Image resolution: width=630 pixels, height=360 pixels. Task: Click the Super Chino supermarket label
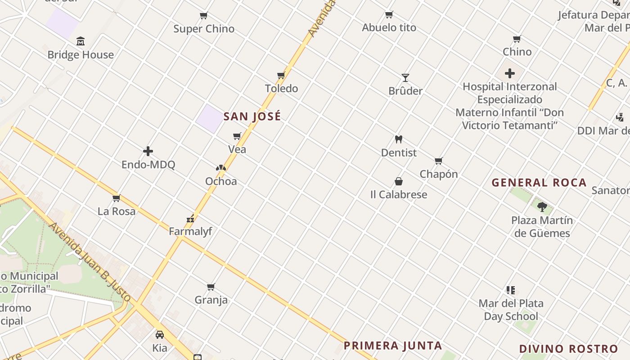click(x=204, y=29)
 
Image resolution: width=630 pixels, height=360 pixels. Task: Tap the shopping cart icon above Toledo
click(x=281, y=75)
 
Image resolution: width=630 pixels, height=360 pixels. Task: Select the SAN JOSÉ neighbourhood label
click(x=252, y=116)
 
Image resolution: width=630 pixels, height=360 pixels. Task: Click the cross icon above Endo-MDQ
click(x=148, y=151)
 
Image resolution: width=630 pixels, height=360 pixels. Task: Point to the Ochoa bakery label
click(x=221, y=181)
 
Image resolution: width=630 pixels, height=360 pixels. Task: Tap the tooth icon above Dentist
click(x=398, y=139)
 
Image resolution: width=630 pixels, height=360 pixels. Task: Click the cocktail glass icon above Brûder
click(x=405, y=78)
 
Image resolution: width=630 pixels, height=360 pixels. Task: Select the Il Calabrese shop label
click(x=399, y=195)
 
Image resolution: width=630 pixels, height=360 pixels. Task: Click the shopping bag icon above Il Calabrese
click(x=399, y=181)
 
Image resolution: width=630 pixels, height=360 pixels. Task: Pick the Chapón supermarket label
click(x=439, y=174)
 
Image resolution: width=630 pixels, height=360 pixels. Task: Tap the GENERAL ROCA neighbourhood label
click(x=539, y=183)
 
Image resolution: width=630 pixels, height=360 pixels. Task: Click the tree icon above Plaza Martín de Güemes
click(x=542, y=207)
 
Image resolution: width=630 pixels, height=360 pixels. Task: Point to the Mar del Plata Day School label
click(x=511, y=310)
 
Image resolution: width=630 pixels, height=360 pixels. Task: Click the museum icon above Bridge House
click(x=81, y=41)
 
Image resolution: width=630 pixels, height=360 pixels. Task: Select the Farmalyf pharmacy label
click(x=190, y=231)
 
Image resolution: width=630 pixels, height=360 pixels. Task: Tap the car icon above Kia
click(x=160, y=335)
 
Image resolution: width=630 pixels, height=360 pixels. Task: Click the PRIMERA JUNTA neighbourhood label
click(x=393, y=346)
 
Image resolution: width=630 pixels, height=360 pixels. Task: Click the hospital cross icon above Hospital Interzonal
click(x=510, y=73)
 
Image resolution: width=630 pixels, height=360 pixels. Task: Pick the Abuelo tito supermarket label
click(x=389, y=27)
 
